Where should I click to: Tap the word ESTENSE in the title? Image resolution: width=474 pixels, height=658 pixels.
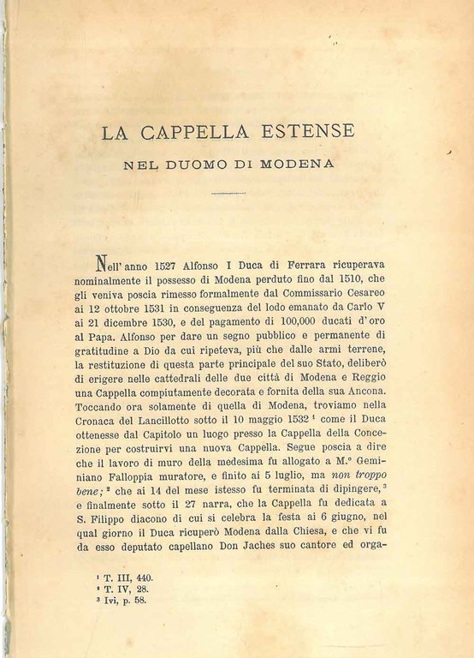(295, 134)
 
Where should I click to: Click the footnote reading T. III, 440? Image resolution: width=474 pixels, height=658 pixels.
(127, 578)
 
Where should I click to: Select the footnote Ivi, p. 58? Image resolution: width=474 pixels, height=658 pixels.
(126, 601)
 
